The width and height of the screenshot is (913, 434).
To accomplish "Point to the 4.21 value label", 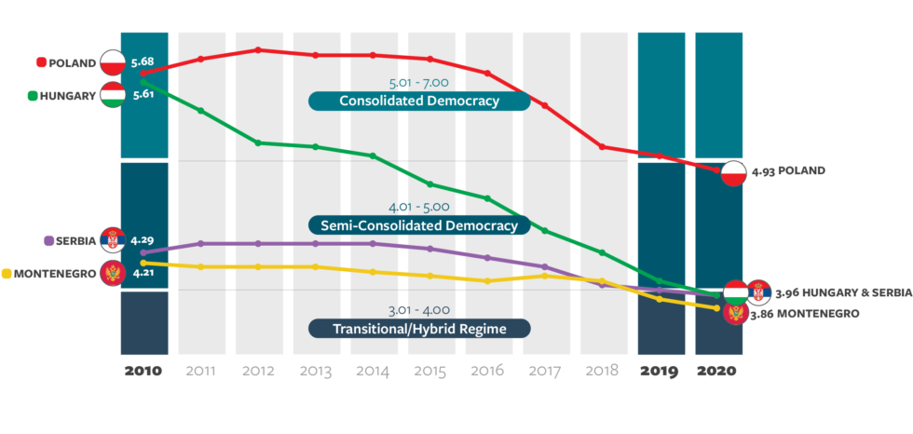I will coord(143,273).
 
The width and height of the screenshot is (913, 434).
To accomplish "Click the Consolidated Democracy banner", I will coord(419,101).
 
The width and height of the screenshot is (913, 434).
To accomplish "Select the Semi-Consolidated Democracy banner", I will coord(419,225).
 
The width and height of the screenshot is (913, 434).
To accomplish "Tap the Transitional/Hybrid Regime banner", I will coord(419,328).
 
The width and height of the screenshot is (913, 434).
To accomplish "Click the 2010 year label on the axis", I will coord(143,371).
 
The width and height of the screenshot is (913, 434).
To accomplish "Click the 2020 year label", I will coord(718,371).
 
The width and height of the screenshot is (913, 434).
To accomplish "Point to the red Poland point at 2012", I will coord(258,50).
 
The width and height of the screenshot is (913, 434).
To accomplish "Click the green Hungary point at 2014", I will coord(373,156).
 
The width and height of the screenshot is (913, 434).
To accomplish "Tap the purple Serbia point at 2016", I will coord(487,257).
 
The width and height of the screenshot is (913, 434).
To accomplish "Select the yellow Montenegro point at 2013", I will coord(316,266).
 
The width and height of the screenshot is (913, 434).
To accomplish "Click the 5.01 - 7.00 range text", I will coord(419,81).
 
